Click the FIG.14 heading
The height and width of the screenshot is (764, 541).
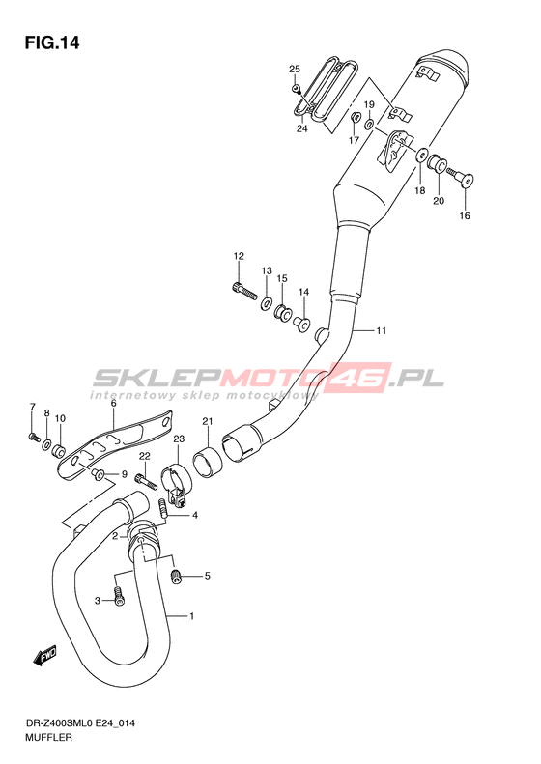pyautogui.click(x=51, y=43)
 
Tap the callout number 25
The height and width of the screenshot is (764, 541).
pyautogui.click(x=295, y=69)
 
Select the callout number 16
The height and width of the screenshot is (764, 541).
pyautogui.click(x=465, y=215)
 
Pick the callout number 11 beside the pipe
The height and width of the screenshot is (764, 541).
pyautogui.click(x=382, y=331)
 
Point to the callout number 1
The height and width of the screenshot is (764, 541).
pyautogui.click(x=191, y=616)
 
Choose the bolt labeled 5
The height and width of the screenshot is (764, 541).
pyautogui.click(x=177, y=577)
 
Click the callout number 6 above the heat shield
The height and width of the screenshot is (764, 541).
pyautogui.click(x=113, y=403)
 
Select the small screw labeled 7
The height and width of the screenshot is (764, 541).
pyautogui.click(x=34, y=438)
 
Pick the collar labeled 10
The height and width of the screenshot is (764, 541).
pyautogui.click(x=59, y=451)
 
